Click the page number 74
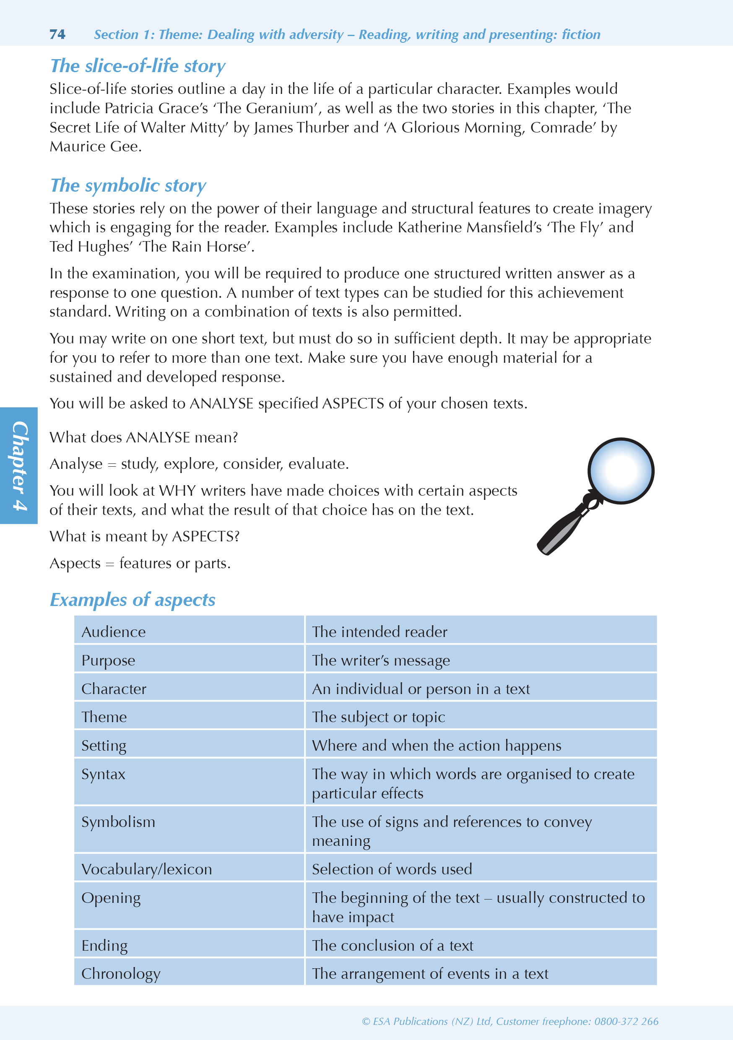click(57, 34)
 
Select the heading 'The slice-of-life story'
click(137, 66)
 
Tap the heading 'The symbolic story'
click(128, 186)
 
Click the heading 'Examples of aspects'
click(132, 600)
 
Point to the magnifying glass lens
click(620, 471)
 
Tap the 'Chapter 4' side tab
click(19, 465)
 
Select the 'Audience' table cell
click(114, 632)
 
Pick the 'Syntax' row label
click(103, 774)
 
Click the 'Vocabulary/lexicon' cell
click(146, 869)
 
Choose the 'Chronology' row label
click(120, 973)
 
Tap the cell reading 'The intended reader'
click(379, 632)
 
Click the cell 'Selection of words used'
click(391, 869)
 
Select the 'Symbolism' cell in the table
click(118, 822)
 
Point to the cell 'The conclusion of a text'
click(392, 945)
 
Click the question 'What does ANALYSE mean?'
click(143, 437)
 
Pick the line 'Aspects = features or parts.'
click(140, 564)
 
